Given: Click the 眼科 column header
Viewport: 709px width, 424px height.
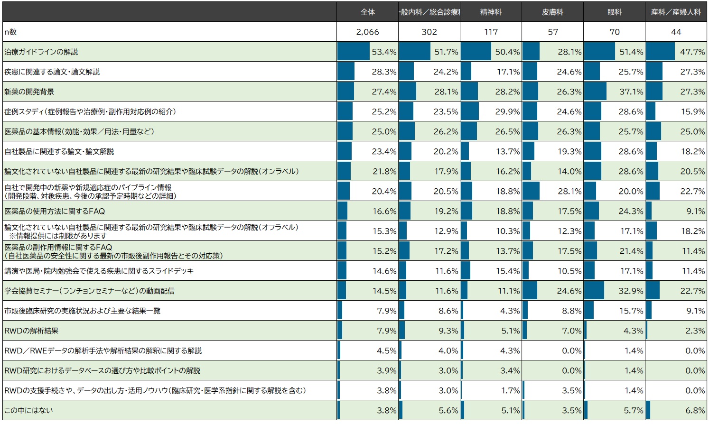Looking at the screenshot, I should coord(614,12).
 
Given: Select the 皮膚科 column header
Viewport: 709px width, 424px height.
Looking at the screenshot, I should coord(552,12).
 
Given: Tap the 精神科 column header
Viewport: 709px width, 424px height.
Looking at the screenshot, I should coord(491,12).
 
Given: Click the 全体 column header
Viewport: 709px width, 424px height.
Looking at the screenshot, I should coord(368,12).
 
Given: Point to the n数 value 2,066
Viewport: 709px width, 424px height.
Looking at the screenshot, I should coord(368,32).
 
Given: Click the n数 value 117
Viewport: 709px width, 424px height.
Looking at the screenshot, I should coord(491,32).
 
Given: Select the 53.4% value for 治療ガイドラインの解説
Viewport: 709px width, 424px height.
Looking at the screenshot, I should coord(384,52).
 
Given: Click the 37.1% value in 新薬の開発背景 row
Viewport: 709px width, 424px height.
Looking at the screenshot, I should coord(631,92).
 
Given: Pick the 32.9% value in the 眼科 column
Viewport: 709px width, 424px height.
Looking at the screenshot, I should coord(631,291).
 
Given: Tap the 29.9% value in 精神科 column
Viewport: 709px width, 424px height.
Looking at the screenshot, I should coord(507,111).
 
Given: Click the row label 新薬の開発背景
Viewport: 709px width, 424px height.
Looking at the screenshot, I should coord(29,92).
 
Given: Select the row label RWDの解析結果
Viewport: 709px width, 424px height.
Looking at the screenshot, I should coord(31,331).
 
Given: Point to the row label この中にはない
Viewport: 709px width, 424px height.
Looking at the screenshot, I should coord(28,410).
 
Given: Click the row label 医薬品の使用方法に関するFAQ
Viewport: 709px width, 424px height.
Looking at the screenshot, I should coord(55,211).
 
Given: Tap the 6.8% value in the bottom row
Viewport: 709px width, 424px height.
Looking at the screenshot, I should coord(695,410).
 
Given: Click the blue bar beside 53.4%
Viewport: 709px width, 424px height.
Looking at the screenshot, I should coord(353,52).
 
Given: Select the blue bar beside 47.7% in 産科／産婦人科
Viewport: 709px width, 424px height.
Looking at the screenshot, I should coord(660,52).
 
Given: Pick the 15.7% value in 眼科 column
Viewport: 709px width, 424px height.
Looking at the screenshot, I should coord(631,311).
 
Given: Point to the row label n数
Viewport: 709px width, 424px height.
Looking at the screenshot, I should coord(10,32).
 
